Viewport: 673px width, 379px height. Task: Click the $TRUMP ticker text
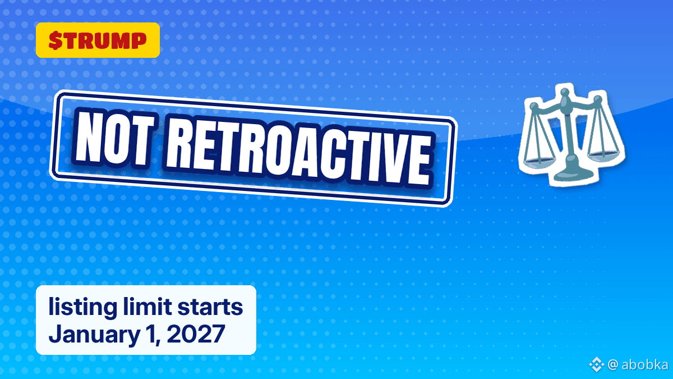[98, 40]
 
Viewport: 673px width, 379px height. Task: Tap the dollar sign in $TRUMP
[56, 40]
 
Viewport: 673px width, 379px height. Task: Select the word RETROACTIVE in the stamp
[298, 156]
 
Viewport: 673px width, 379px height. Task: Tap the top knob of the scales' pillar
[564, 92]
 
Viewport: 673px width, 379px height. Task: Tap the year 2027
[196, 334]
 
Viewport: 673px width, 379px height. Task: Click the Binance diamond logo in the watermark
[596, 364]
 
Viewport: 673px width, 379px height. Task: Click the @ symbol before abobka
[613, 365]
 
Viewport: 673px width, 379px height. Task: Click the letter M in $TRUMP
[123, 40]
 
